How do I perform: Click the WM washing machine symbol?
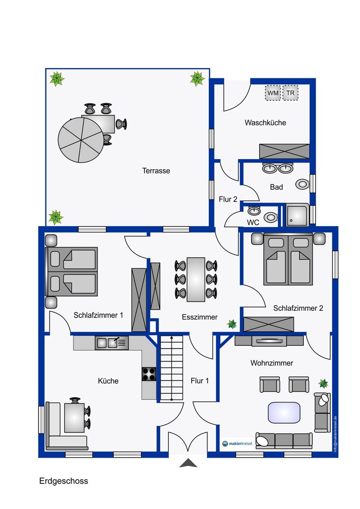tap(273, 93)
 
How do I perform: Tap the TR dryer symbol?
tap(290, 93)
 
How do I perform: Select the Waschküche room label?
tap(265, 123)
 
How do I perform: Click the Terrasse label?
tap(156, 171)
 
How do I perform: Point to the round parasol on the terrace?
tap(81, 140)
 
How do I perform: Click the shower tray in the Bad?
tap(297, 215)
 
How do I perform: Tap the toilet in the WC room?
tap(270, 217)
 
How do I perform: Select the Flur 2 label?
tap(228, 199)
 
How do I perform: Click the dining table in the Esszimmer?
tap(196, 280)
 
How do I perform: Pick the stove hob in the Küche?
tap(149, 374)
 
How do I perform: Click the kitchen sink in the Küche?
tap(112, 343)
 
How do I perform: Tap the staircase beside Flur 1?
tap(171, 368)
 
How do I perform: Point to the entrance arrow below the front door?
tap(188, 463)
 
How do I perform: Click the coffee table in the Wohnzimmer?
tap(284, 413)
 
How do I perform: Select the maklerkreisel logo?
tap(238, 443)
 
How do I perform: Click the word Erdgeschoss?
tap(64, 481)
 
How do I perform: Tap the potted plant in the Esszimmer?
tap(232, 324)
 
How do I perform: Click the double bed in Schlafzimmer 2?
tap(288, 259)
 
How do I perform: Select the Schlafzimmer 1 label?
tap(99, 315)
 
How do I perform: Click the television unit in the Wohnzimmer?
tap(269, 340)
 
